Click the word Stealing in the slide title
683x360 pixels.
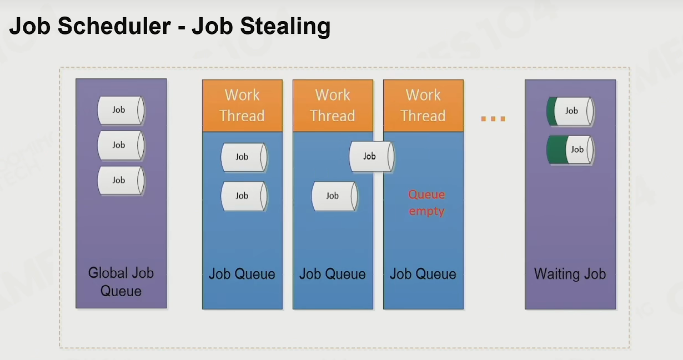[x=285, y=27]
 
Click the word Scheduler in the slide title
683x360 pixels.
[x=114, y=26]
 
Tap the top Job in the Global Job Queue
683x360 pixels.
[x=121, y=111]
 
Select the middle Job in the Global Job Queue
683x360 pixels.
[x=121, y=146]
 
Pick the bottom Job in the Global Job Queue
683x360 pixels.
[x=121, y=181]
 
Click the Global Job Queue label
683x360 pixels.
[x=121, y=282]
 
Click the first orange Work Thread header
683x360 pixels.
[x=243, y=106]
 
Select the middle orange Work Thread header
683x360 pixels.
[x=333, y=106]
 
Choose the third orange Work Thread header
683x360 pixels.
[x=424, y=106]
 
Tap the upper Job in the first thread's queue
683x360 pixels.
[x=244, y=157]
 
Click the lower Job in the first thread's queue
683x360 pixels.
[x=244, y=196]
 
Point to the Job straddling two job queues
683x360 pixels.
[x=371, y=157]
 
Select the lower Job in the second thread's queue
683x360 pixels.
[x=335, y=196]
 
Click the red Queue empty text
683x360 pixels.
[x=426, y=203]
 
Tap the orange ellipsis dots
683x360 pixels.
[x=493, y=119]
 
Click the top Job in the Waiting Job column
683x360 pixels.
[x=570, y=111]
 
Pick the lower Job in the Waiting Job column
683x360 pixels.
[x=570, y=150]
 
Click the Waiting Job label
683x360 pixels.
[x=570, y=274]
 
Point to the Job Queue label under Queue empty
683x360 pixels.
[x=423, y=274]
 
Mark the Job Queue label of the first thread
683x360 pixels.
[x=242, y=274]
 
